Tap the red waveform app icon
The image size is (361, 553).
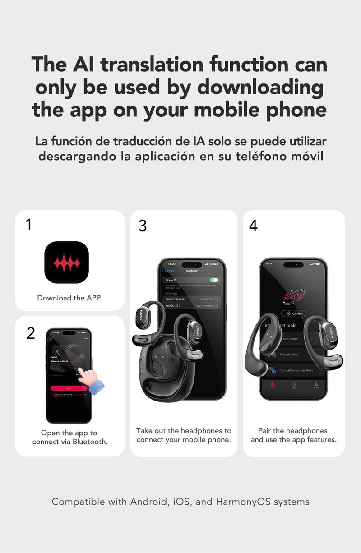(66, 262)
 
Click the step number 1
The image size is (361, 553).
(28, 225)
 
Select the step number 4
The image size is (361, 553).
(253, 226)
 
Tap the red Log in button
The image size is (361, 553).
(69, 388)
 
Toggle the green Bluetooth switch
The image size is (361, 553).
(214, 280)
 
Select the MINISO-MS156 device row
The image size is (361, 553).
(192, 299)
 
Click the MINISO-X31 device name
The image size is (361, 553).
(173, 306)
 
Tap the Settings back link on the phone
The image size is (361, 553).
(168, 271)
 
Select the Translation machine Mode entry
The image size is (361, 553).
(296, 370)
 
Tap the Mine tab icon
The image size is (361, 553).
(316, 386)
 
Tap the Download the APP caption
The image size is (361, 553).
(69, 298)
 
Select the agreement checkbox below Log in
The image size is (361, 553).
(51, 395)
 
